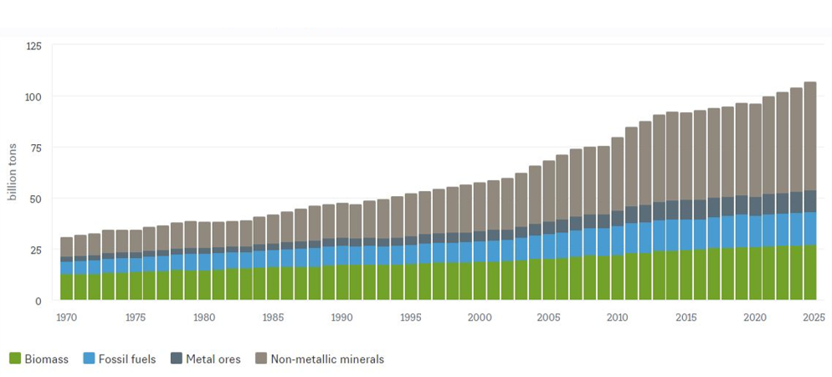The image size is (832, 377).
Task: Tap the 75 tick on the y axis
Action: tap(34, 147)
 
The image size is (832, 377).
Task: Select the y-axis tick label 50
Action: tap(34, 199)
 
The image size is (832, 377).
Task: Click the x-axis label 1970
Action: tap(67, 318)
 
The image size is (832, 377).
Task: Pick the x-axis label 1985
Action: tap(273, 318)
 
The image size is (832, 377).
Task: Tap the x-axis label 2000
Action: tap(480, 318)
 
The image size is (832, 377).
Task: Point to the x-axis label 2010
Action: tap(618, 318)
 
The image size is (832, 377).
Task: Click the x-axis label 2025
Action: tap(810, 318)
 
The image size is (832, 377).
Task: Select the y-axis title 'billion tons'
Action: tap(13, 173)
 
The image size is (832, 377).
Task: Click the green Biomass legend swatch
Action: tap(15, 359)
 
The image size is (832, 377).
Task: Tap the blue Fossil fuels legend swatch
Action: tap(90, 359)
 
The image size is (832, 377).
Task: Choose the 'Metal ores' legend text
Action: tap(213, 359)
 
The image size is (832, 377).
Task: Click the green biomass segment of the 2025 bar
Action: tap(810, 272)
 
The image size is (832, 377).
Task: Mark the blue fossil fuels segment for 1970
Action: tap(67, 268)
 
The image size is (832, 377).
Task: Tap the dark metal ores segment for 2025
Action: tap(810, 201)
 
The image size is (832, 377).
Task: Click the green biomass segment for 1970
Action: tap(67, 287)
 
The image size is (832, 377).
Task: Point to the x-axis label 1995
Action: tap(411, 318)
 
